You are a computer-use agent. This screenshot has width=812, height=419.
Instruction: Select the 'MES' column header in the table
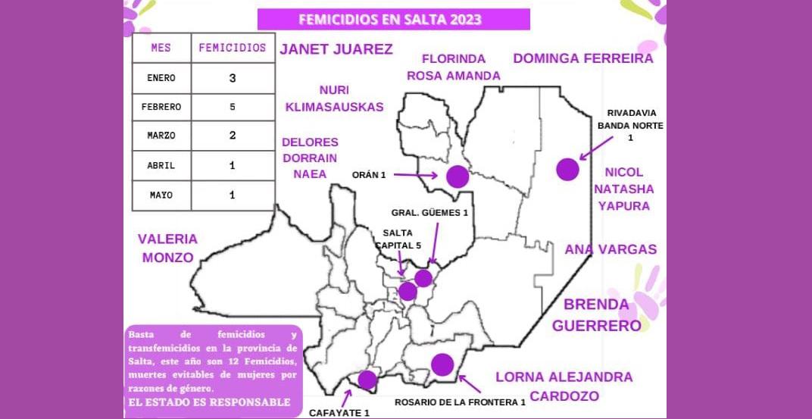click(161, 48)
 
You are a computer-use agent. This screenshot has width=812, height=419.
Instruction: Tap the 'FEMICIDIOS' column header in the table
click(233, 48)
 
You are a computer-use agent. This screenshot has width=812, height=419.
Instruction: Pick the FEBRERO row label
click(161, 107)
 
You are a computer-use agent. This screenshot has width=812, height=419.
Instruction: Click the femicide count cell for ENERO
click(233, 77)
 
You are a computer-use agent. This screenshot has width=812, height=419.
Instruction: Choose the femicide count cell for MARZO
click(233, 136)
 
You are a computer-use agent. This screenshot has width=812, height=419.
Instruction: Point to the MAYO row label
click(161, 195)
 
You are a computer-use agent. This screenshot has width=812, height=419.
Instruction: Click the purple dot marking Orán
click(458, 177)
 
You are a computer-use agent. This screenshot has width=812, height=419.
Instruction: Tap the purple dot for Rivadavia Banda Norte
click(567, 170)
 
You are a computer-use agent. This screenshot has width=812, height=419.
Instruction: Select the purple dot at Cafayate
click(367, 380)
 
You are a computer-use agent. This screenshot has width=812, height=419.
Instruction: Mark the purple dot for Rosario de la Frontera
click(442, 364)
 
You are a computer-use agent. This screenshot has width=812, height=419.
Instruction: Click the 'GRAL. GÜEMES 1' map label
click(429, 213)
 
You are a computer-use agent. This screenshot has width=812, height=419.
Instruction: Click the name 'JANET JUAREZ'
click(336, 50)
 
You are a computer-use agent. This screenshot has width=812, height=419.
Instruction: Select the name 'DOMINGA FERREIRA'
click(582, 58)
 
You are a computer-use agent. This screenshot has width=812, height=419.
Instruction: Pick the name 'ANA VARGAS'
click(611, 249)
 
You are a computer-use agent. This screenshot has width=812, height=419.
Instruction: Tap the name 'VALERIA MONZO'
click(167, 248)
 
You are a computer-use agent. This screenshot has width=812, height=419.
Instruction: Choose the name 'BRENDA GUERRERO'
click(596, 315)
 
